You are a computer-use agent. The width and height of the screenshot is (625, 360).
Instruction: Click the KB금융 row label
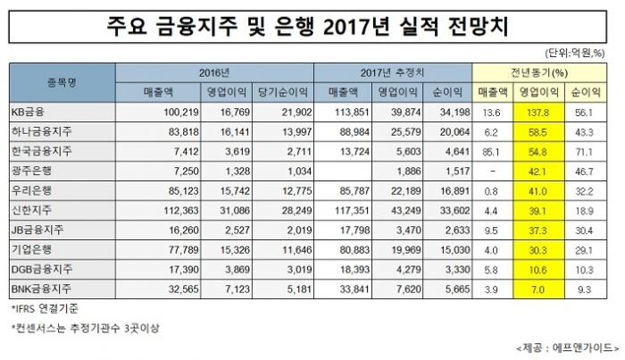pyautogui.click(x=32, y=113)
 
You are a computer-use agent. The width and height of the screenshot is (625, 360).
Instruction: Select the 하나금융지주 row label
pyautogui.click(x=43, y=131)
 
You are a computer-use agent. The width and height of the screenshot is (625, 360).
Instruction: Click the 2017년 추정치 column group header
pyautogui.click(x=396, y=71)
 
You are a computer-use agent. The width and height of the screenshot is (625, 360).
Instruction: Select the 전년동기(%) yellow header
pyautogui.click(x=539, y=71)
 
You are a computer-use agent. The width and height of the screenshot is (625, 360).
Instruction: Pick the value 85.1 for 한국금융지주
pyautogui.click(x=488, y=150)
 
